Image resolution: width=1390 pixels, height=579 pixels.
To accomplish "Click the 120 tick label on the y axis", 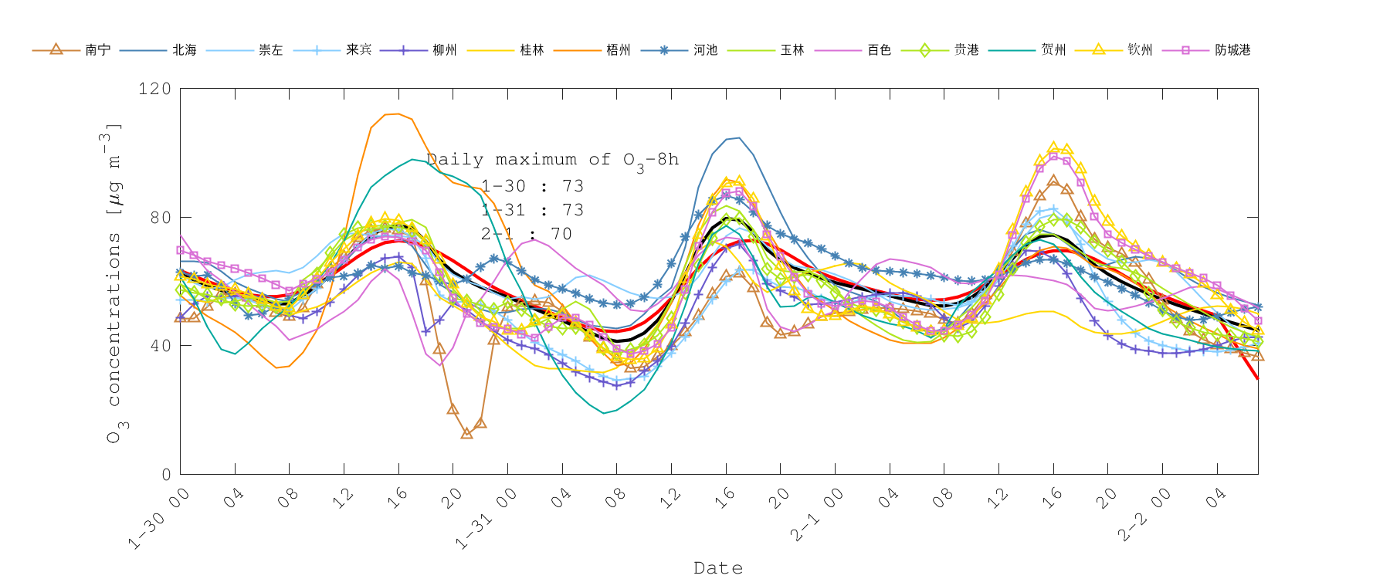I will (154, 89).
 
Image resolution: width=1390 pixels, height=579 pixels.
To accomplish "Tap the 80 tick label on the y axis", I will (160, 218).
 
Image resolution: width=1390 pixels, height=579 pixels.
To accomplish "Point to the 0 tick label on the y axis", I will (166, 475).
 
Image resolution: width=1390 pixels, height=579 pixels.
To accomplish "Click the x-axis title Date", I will (718, 568).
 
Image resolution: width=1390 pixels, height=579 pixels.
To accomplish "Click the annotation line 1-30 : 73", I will (532, 186).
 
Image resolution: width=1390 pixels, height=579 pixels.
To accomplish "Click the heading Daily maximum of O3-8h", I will (552, 160).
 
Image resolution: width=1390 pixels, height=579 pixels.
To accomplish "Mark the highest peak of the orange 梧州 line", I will (396, 114).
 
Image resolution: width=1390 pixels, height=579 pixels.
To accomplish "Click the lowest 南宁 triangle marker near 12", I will (466, 433).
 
